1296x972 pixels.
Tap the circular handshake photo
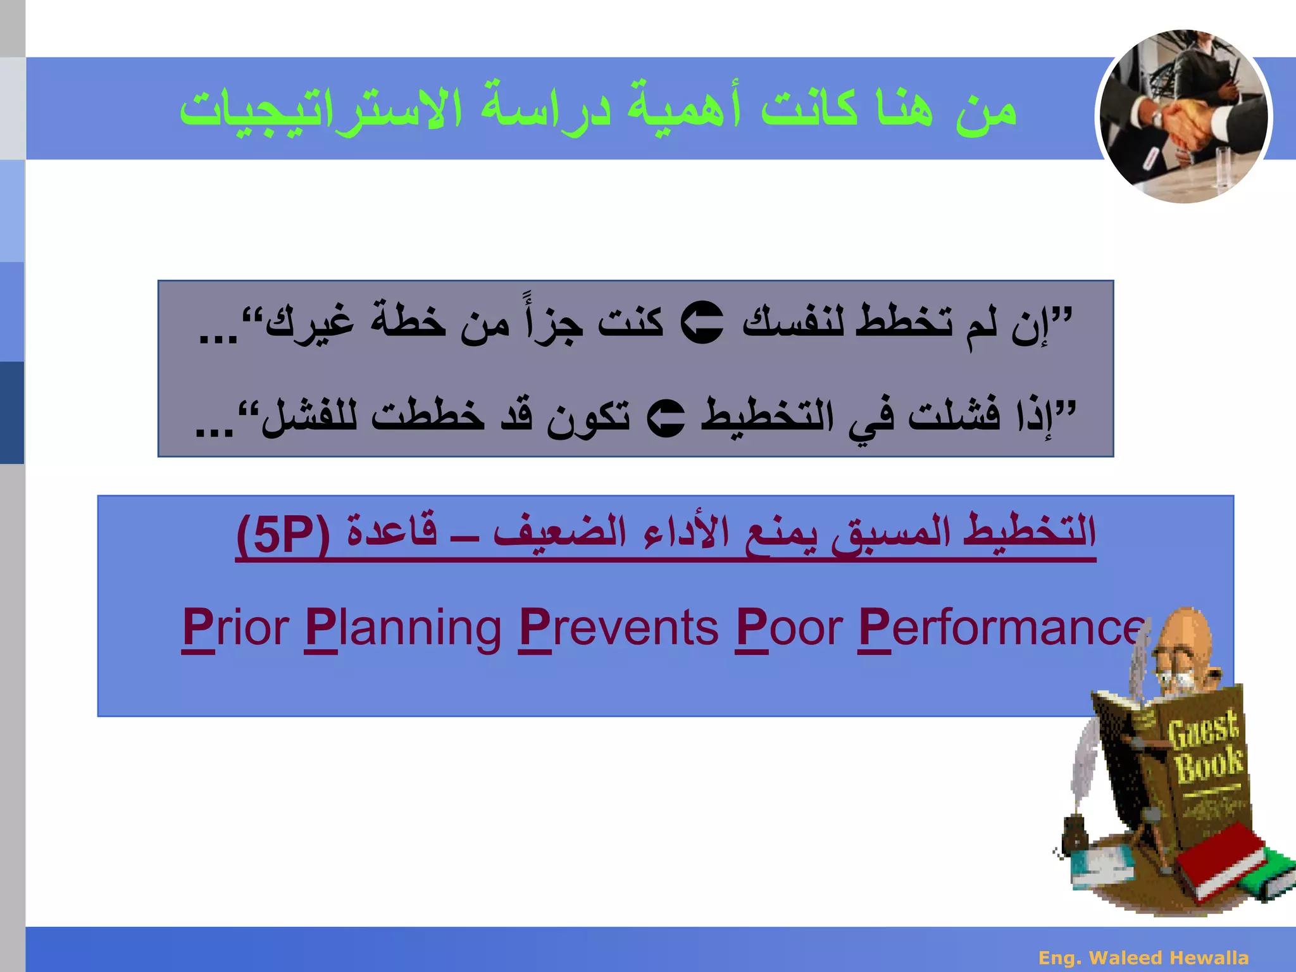[1183, 116]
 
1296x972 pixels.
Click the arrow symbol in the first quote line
[702, 323]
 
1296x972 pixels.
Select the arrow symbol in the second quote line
[666, 418]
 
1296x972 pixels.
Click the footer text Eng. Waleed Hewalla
[1143, 957]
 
